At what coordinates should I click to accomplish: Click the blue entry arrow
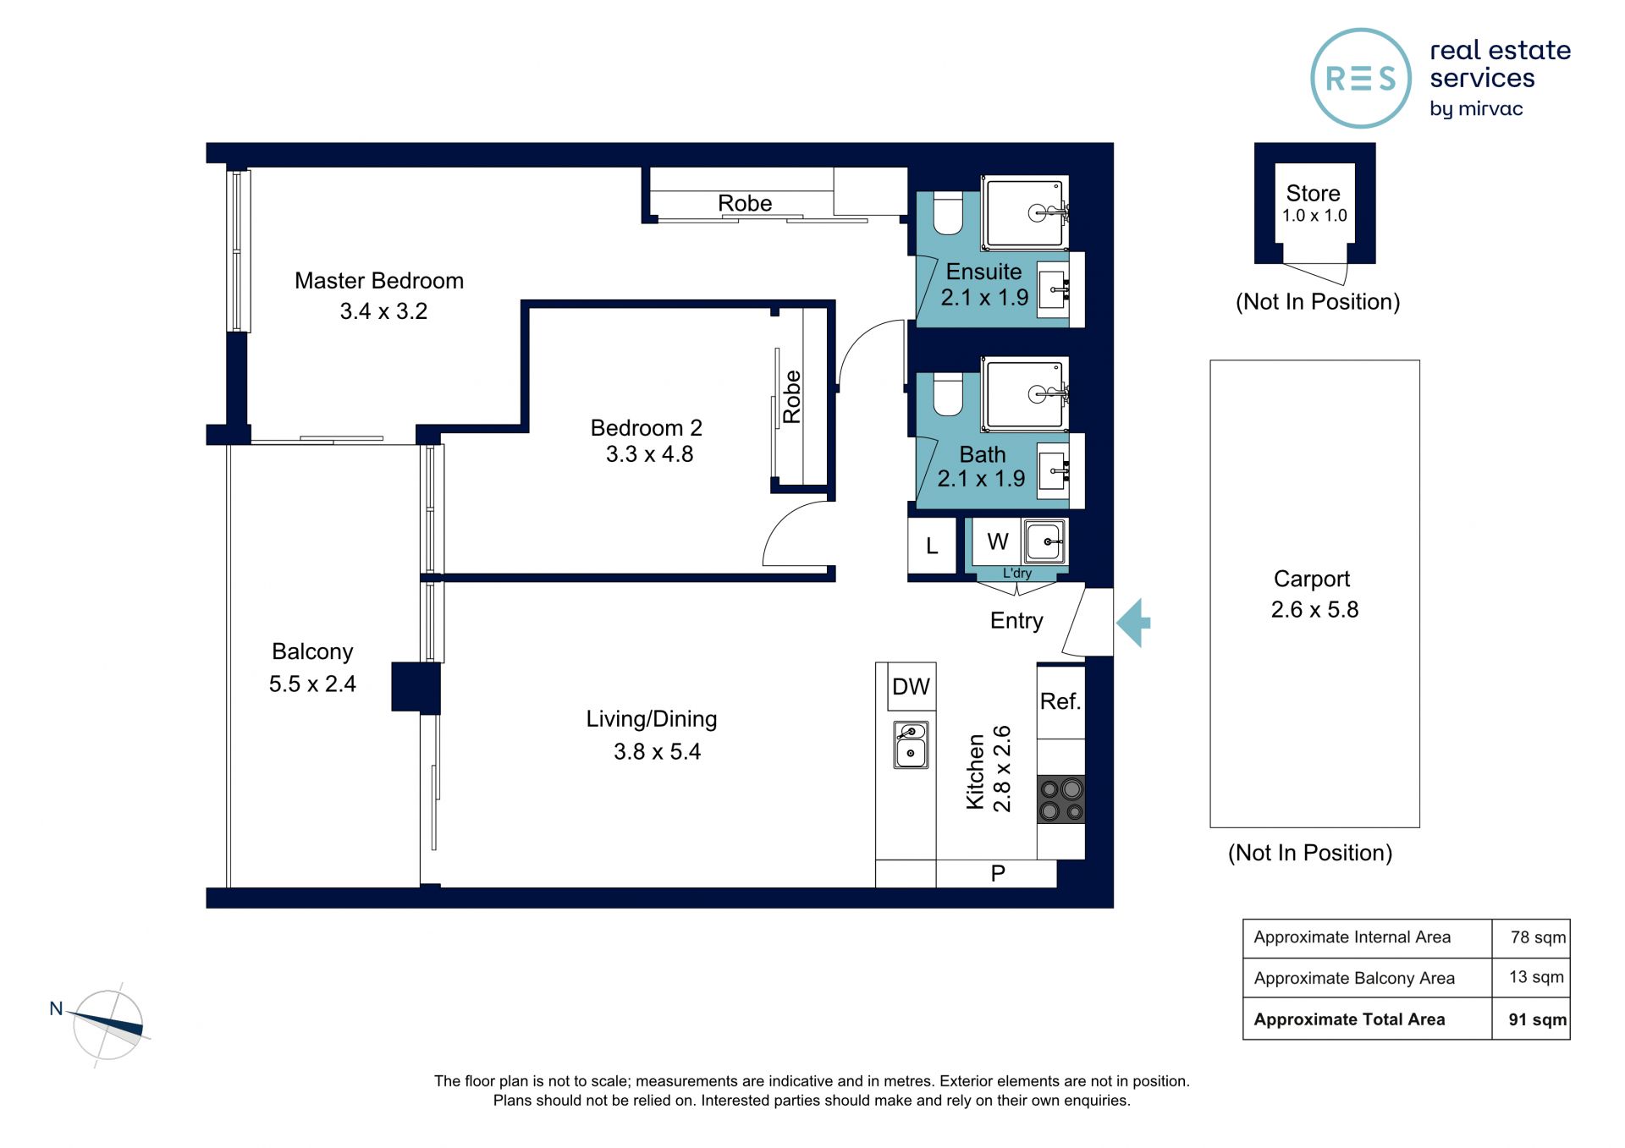click(x=1133, y=623)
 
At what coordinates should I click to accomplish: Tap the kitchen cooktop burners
click(x=1061, y=799)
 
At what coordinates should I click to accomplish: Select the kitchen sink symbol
click(x=911, y=744)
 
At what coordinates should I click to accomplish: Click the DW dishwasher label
click(x=911, y=687)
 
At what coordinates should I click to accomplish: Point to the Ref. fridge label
click(x=1060, y=701)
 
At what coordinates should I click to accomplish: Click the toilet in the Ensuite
click(x=948, y=213)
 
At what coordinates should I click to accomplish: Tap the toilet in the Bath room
click(x=948, y=394)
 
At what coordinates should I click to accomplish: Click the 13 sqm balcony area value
click(x=1536, y=977)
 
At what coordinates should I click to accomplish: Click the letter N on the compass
click(x=56, y=1008)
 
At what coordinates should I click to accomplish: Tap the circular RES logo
click(x=1361, y=79)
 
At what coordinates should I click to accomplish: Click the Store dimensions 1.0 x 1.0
click(x=1314, y=216)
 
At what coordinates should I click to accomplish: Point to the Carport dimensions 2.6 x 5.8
click(x=1314, y=609)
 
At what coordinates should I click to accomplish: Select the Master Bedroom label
click(x=379, y=281)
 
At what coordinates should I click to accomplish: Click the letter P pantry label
click(x=998, y=873)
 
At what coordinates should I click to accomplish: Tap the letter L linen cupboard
click(x=932, y=547)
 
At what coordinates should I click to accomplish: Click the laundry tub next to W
click(x=1044, y=541)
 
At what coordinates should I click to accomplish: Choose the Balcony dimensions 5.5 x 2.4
click(x=312, y=684)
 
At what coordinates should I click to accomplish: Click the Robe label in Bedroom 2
click(x=792, y=397)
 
